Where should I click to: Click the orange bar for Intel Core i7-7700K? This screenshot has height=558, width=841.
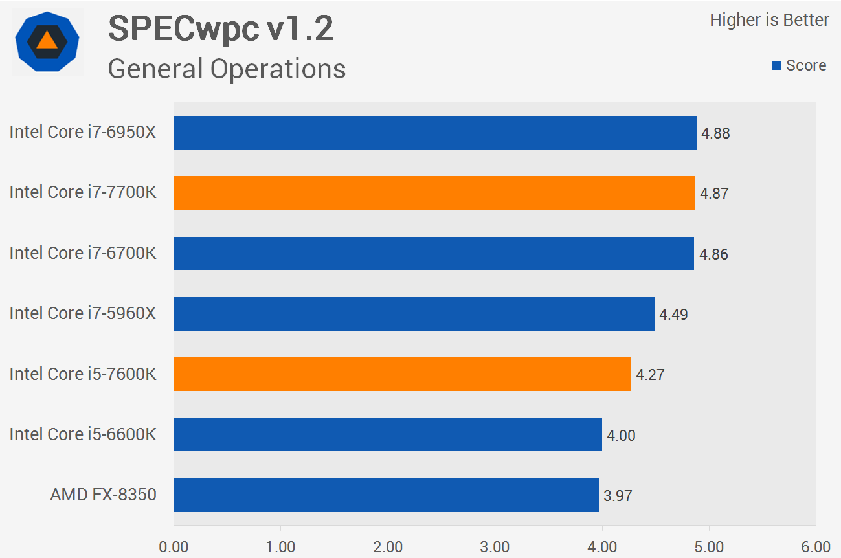pos(434,193)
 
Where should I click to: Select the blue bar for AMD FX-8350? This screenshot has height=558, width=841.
pos(386,495)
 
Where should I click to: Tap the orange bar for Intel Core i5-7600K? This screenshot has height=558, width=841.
pos(402,374)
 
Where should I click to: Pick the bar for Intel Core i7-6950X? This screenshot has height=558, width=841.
pos(435,133)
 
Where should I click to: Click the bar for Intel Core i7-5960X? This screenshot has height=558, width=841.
pos(414,314)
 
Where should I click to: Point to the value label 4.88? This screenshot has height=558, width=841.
pos(715,133)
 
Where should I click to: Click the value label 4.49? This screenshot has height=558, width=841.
pos(673,315)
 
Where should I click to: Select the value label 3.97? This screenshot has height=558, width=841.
pos(618,496)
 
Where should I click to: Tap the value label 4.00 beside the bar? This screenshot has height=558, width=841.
pos(621,436)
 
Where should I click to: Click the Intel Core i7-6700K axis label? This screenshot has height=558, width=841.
pos(83,252)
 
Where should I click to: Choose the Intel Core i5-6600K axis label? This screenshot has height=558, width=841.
pos(83,434)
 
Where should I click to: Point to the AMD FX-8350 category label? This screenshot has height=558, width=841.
pos(103,495)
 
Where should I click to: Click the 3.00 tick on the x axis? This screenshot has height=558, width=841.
pos(495,547)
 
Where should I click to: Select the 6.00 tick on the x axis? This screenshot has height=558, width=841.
pos(816,547)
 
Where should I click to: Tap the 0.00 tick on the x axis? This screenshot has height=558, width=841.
pos(174,547)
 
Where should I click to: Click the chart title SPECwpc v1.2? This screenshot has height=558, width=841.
pos(221,29)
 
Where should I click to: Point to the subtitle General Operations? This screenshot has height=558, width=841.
pos(227,69)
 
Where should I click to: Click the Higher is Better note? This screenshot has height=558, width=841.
pos(769,20)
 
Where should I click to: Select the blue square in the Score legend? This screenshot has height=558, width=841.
pos(777,65)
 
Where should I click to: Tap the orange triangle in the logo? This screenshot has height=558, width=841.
pos(47,40)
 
